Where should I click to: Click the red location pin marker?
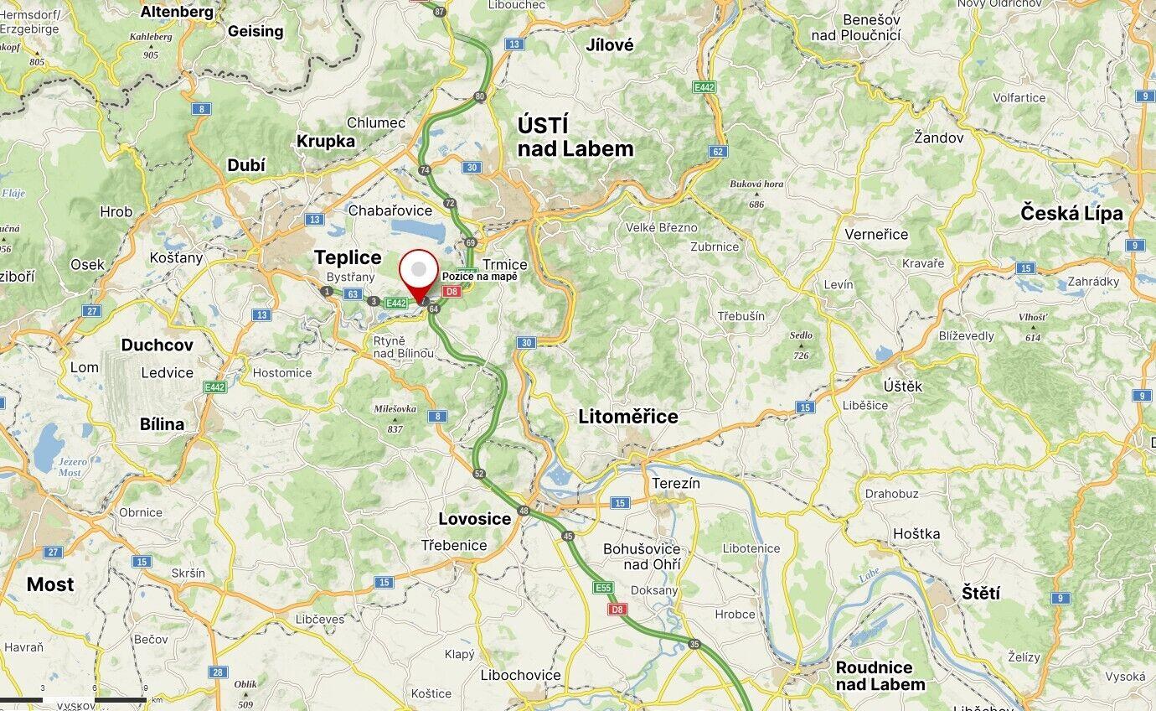(418, 272)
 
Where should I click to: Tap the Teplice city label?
(347, 257)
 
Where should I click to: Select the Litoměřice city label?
(627, 417)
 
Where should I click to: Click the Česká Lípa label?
(1071, 213)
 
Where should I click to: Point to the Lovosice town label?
(474, 519)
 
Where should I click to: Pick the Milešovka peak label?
(395, 409)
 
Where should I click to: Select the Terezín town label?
(675, 483)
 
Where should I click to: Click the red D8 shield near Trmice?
(452, 292)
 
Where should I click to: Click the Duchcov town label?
(157, 345)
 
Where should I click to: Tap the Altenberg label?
(177, 12)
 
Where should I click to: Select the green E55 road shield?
(603, 588)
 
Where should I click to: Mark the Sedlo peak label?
(801, 335)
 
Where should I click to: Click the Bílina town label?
(162, 424)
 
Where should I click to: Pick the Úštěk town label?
(902, 386)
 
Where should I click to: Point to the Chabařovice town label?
(390, 210)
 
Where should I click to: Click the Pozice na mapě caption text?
(479, 277)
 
